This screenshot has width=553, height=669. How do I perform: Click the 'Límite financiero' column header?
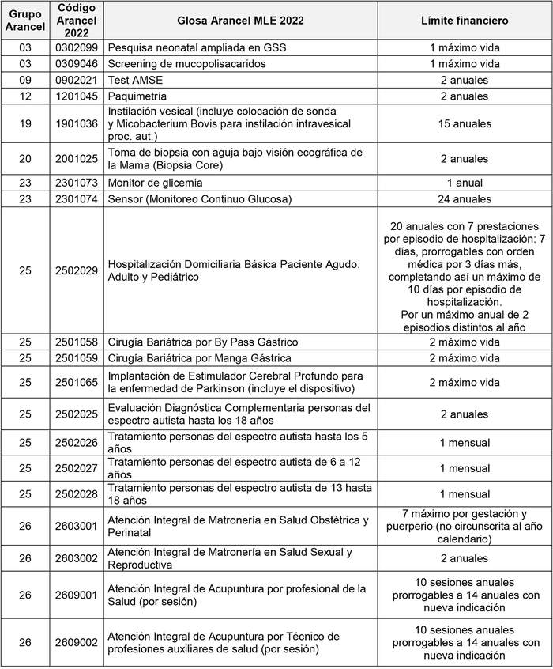(x=465, y=21)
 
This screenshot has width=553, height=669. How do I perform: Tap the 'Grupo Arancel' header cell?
(x=25, y=21)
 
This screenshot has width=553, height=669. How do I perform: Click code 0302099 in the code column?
(x=77, y=47)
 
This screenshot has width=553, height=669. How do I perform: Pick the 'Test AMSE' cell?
(x=134, y=80)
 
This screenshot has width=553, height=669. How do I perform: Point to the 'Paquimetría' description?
(x=137, y=96)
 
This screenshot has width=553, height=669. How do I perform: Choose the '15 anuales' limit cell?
(x=465, y=124)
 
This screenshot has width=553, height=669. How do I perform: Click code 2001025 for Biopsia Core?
(x=77, y=158)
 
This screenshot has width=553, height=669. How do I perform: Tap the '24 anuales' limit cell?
(x=465, y=199)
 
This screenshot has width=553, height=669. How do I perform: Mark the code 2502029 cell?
(x=77, y=270)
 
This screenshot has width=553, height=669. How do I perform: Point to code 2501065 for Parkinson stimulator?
(x=77, y=382)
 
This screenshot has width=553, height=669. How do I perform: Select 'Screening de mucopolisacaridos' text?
(x=186, y=63)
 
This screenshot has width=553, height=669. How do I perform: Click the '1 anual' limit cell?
(x=465, y=183)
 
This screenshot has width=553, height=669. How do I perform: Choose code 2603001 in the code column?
(x=77, y=526)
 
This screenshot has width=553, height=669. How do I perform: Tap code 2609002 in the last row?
(x=77, y=642)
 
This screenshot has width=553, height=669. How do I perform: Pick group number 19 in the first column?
(x=25, y=124)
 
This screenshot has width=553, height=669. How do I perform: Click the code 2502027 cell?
(x=77, y=468)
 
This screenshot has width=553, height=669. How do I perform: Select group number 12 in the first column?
(x=25, y=96)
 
